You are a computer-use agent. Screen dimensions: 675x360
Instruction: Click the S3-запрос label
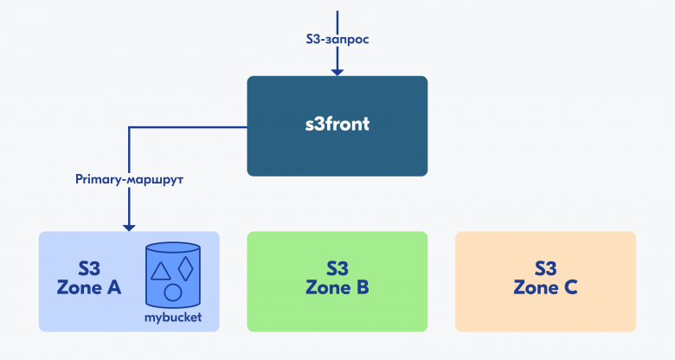(x=337, y=39)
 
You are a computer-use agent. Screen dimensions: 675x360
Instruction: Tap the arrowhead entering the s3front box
(x=337, y=72)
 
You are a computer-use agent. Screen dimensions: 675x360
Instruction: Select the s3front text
(x=337, y=124)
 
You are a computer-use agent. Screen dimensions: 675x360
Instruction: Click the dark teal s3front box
(x=337, y=126)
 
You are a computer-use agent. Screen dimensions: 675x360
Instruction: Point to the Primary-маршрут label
(x=129, y=179)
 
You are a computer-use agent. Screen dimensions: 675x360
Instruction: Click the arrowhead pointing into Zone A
(x=129, y=228)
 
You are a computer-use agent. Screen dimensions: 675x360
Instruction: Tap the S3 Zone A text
(x=89, y=278)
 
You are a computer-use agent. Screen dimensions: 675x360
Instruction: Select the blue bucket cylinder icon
(x=172, y=274)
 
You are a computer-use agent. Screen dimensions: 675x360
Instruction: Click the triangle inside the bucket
(x=160, y=271)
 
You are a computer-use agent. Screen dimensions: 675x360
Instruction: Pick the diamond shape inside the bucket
(x=186, y=269)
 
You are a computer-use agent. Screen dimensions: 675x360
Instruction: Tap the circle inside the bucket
(x=172, y=292)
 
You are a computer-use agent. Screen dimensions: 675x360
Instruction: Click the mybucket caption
(x=172, y=318)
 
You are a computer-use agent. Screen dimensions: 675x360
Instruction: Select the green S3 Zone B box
(x=337, y=281)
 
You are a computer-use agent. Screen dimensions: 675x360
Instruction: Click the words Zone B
(x=337, y=287)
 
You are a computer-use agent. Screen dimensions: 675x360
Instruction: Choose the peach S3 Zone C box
(x=545, y=281)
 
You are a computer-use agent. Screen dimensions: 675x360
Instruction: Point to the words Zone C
(x=545, y=287)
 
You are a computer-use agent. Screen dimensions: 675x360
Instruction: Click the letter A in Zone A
(x=114, y=287)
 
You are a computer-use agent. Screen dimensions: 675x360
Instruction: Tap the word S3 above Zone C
(x=545, y=268)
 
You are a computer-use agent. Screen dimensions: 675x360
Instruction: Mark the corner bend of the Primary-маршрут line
(x=129, y=127)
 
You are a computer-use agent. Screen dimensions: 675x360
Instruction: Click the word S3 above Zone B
(x=337, y=268)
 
